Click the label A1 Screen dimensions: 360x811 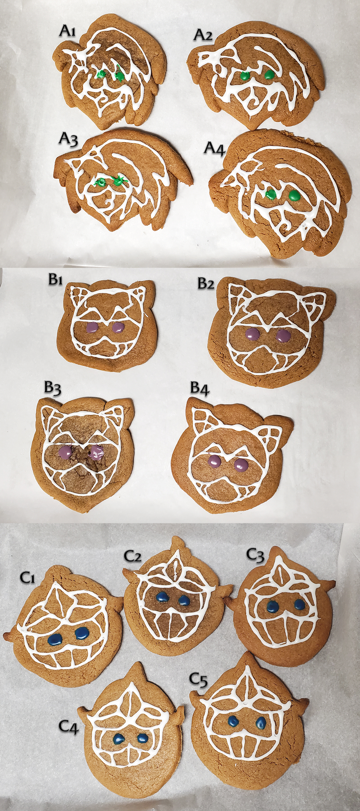click(68, 31)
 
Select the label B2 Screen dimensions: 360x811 click(206, 284)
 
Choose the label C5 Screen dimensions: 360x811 click(199, 680)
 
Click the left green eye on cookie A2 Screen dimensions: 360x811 click(245, 76)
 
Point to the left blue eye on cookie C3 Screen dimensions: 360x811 click(273, 605)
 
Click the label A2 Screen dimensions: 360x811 click(203, 35)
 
